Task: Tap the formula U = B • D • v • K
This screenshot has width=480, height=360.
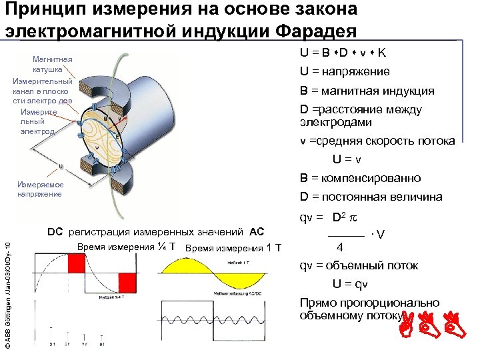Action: coord(345,53)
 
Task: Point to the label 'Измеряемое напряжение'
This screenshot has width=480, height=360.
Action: coord(41,189)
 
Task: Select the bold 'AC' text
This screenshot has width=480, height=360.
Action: coord(257,232)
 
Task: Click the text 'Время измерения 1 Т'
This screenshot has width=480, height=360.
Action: coord(233,248)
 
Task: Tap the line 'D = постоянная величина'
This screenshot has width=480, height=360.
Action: coord(371,197)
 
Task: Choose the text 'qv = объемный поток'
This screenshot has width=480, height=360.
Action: coord(359,265)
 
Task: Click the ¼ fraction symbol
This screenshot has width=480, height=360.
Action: coord(162,247)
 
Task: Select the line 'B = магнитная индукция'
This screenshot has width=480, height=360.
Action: coord(367,91)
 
